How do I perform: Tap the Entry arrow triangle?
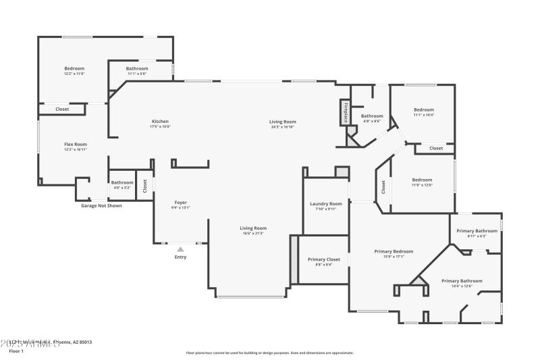(180, 249)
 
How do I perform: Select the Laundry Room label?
(326, 204)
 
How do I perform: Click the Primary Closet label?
(324, 259)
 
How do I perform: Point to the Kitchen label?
(160, 122)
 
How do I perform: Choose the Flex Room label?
(76, 144)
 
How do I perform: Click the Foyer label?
(181, 203)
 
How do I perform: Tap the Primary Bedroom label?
(394, 251)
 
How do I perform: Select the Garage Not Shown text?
(101, 205)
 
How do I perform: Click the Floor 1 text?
(16, 351)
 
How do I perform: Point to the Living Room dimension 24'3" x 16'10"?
(283, 126)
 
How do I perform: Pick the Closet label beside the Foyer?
(144, 184)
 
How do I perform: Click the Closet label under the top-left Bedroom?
(62, 109)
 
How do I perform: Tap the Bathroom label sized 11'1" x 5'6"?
(137, 68)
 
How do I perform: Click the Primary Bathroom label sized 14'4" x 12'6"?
(462, 281)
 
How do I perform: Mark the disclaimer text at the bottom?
(269, 353)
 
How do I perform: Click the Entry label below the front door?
(180, 257)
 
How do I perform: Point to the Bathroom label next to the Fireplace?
(372, 116)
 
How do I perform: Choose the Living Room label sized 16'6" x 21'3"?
(253, 228)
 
